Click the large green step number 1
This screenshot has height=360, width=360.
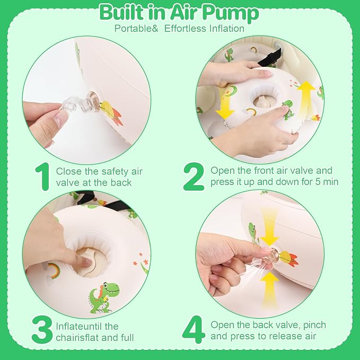[x=43, y=177]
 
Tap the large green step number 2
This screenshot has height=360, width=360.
[x=194, y=177]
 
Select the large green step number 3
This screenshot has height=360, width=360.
[x=42, y=330]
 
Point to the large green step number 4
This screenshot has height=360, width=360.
[x=194, y=330]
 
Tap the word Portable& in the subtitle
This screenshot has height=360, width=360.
[x=136, y=29]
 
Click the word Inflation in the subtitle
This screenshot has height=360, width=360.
[x=226, y=29]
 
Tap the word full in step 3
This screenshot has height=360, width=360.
[x=127, y=338]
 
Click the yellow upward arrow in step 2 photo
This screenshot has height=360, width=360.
[x=306, y=99]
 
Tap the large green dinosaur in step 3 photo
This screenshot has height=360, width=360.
[x=104, y=298]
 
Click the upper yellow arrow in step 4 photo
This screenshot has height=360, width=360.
[x=269, y=226]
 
